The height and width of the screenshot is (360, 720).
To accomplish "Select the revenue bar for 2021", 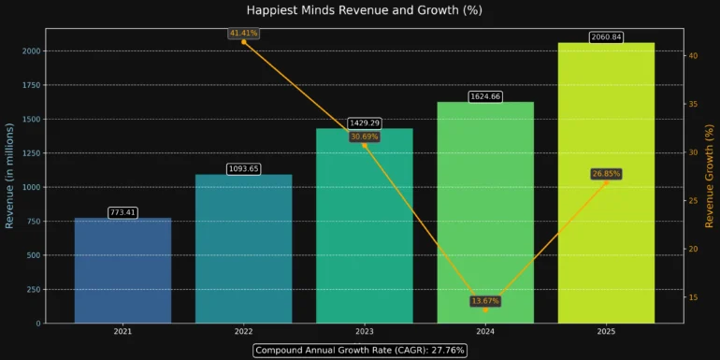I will click(122, 270).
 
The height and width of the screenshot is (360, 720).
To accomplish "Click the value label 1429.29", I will click(365, 123).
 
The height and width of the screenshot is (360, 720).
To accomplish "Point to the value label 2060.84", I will click(606, 37).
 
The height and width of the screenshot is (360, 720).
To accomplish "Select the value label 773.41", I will click(122, 213).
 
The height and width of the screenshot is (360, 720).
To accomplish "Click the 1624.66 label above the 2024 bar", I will click(485, 96).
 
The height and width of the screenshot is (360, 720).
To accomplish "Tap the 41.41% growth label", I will click(244, 34).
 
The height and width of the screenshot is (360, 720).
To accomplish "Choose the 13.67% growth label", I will click(485, 301).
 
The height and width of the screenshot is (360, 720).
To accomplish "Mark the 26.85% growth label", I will click(606, 174).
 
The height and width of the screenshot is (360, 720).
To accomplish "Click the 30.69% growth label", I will click(365, 137).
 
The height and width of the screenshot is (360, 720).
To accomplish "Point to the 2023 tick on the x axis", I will click(365, 332).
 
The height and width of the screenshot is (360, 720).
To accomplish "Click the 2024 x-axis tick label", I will click(485, 332).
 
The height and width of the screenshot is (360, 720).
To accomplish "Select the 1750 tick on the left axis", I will click(28, 85).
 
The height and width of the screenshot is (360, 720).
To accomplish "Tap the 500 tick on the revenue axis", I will click(32, 255).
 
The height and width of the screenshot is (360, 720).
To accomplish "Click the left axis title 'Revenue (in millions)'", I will click(9, 176).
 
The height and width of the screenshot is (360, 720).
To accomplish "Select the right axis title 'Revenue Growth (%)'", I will click(709, 176).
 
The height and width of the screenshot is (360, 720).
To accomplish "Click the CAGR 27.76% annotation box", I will click(360, 350).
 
